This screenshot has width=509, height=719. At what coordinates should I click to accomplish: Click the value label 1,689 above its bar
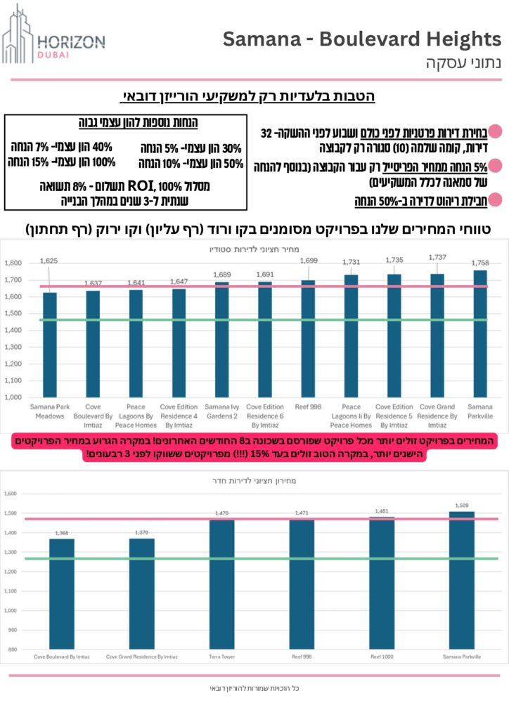(221, 274)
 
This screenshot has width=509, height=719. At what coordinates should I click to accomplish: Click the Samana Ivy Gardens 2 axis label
(221, 411)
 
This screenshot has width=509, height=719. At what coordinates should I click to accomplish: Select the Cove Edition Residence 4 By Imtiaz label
(178, 411)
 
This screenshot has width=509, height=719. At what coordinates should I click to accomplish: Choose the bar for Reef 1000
(382, 583)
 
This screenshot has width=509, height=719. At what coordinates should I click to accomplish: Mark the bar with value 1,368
(62, 593)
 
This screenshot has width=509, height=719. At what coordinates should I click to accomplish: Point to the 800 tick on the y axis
(13, 650)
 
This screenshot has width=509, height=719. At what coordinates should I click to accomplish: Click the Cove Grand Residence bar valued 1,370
(141, 593)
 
